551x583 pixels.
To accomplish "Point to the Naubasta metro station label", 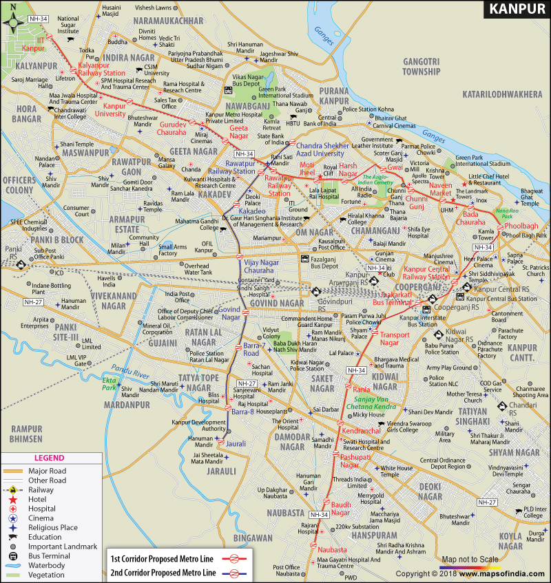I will [x=332, y=549].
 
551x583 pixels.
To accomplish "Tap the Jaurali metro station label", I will [x=236, y=444].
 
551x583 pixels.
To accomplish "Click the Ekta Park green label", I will [x=110, y=383].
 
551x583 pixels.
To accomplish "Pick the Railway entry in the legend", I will [x=41, y=490].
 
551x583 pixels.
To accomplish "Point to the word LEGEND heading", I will [x=49, y=458].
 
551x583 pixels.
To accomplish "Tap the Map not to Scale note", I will [x=470, y=559].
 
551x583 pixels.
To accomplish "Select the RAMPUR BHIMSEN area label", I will [x=26, y=433].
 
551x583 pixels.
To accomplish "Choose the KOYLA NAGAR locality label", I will [x=511, y=541].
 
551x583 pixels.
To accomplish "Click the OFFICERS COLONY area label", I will [x=18, y=184].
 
